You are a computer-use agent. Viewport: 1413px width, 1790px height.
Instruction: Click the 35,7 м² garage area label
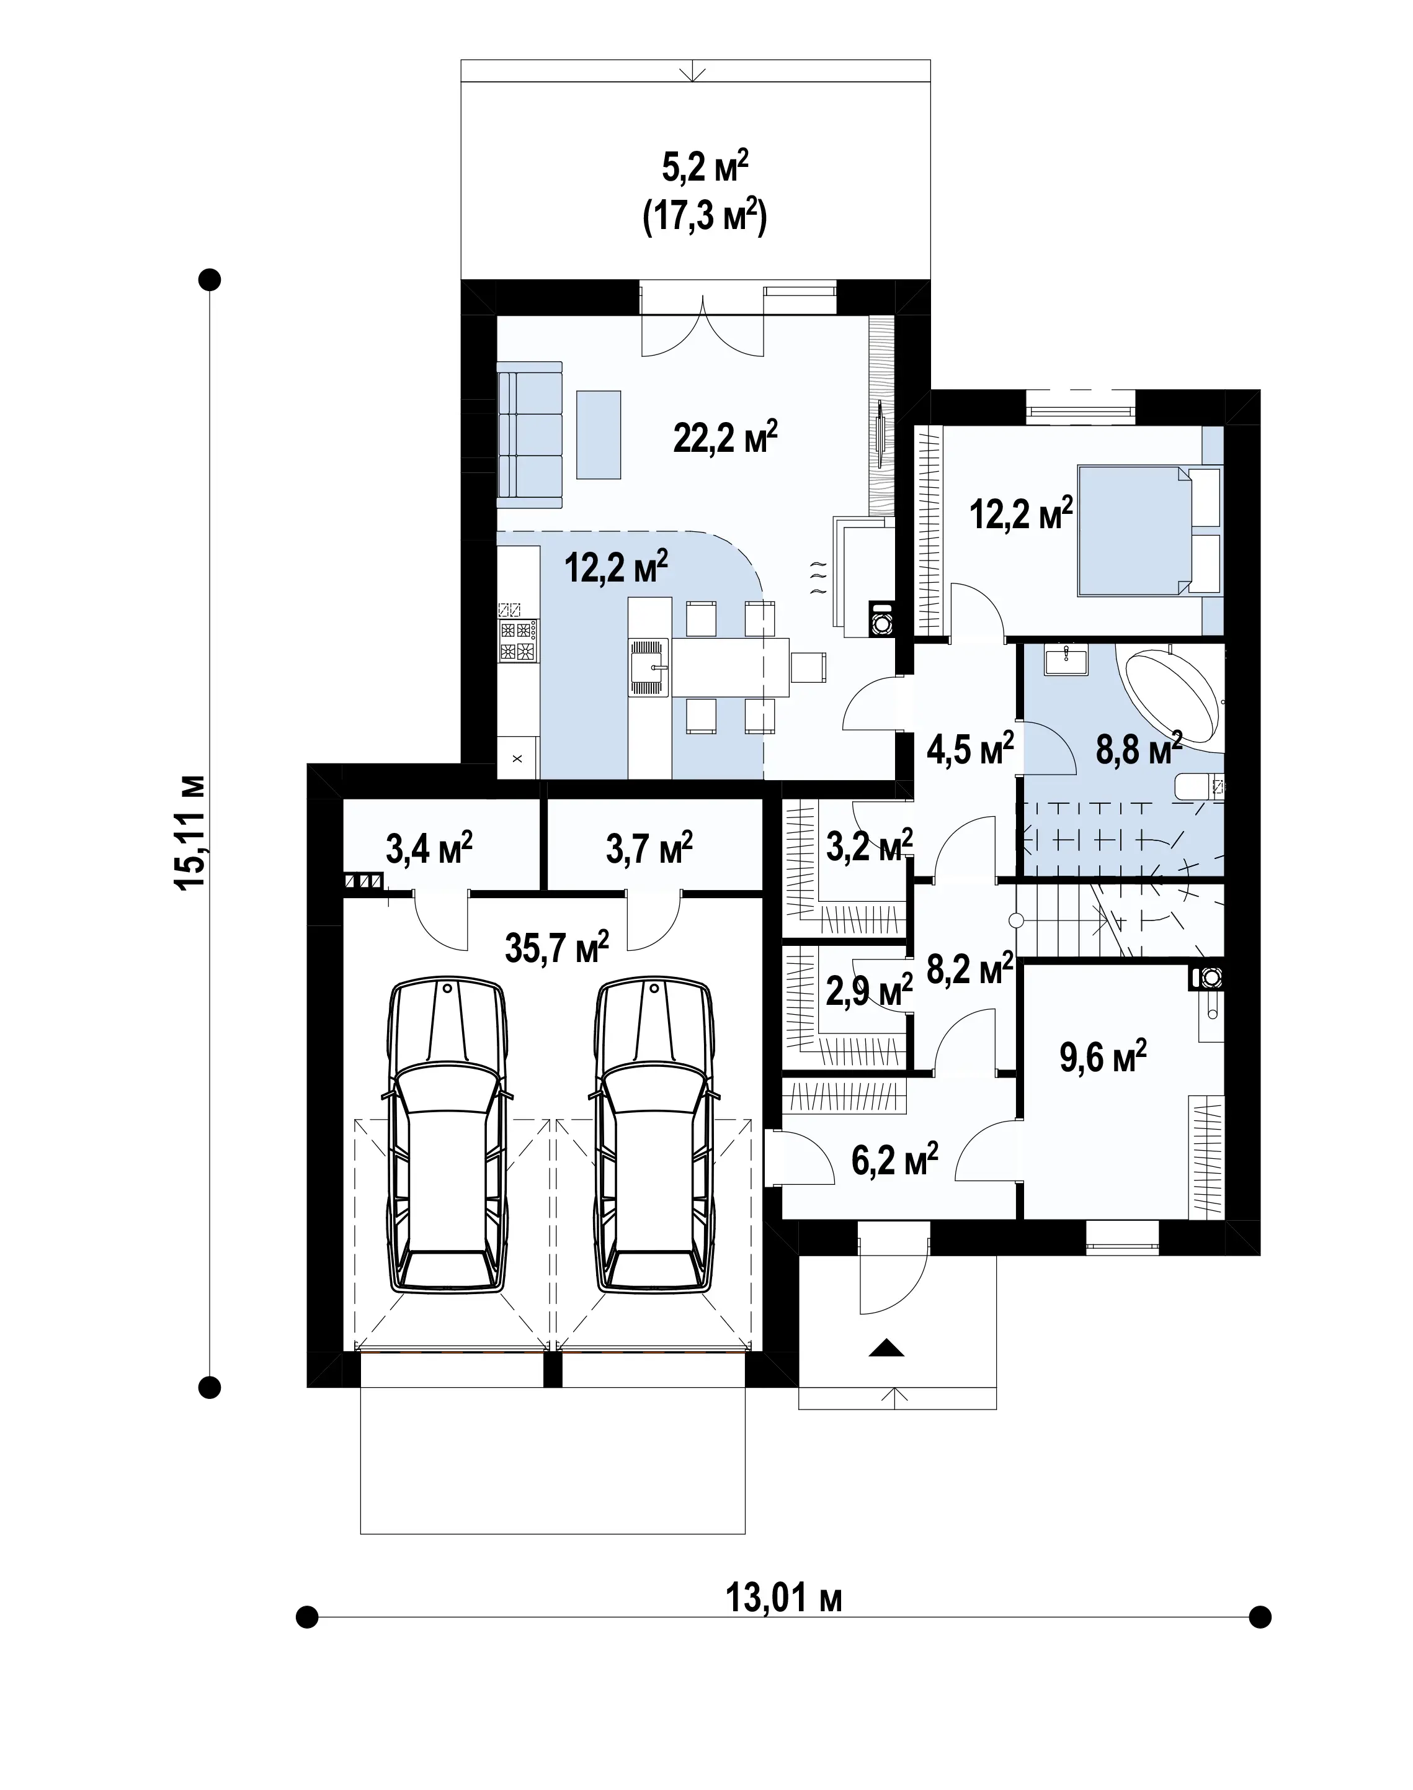(557, 947)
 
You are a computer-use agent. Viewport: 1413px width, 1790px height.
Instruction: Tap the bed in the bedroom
(1150, 531)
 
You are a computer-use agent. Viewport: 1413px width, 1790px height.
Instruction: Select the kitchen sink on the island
(649, 665)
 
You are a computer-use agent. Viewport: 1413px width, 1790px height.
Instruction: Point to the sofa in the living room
(530, 434)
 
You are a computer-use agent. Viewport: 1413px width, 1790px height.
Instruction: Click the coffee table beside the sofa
(598, 434)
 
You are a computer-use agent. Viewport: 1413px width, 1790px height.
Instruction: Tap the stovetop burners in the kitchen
(518, 641)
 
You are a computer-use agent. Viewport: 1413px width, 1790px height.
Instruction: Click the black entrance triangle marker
(886, 1348)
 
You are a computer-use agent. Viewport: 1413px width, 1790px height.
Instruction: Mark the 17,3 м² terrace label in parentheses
(705, 218)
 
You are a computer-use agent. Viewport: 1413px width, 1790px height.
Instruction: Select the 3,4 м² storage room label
(429, 848)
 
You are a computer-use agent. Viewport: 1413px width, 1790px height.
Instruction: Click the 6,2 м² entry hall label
(894, 1159)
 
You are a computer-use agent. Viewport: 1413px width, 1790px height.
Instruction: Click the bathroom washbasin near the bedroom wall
(1066, 660)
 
